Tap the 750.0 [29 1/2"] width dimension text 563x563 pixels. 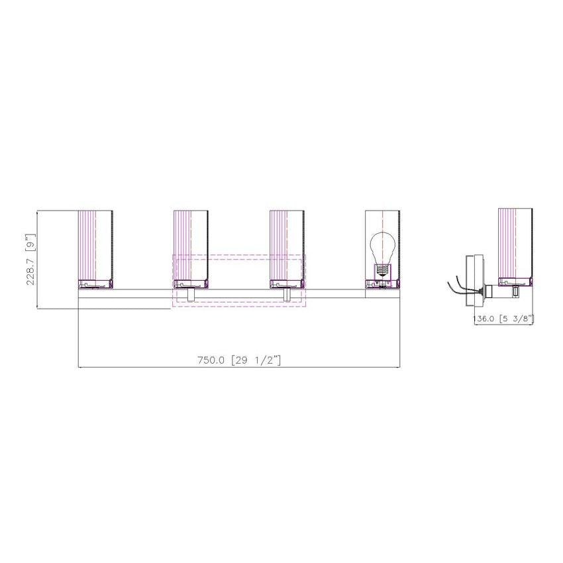240,360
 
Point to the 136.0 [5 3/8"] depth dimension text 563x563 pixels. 504,319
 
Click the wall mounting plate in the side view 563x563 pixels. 474,281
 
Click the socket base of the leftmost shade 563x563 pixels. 95,284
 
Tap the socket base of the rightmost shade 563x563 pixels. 382,284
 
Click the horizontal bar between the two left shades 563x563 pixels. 142,289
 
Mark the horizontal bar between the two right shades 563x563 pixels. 334,289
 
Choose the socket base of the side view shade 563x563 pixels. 515,281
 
